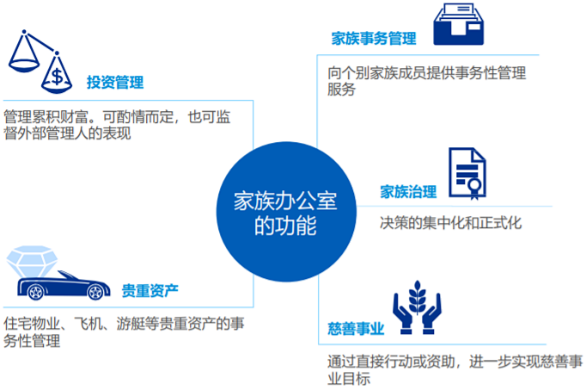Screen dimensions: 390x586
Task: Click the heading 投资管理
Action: pos(114,83)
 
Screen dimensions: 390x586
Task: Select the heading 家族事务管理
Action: pos(374,39)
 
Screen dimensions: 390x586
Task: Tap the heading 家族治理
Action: pos(408,192)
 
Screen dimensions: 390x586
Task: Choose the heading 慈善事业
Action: pos(356,329)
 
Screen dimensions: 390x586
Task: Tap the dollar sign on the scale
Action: pos(57,77)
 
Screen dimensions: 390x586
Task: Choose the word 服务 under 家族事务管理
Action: pos(341,90)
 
